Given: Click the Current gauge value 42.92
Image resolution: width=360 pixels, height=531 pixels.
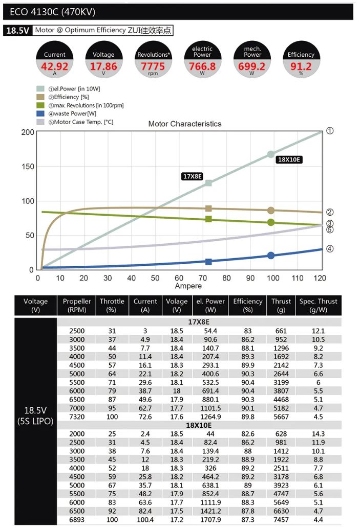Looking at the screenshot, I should [54, 66].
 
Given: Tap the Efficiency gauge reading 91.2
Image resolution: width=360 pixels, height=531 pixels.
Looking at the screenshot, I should [301, 66].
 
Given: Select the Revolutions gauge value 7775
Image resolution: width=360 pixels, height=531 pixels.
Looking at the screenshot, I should [153, 66].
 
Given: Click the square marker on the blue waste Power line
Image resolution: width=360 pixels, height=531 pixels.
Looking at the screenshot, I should [208, 262].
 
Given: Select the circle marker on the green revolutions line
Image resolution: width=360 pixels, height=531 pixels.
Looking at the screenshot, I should [271, 222].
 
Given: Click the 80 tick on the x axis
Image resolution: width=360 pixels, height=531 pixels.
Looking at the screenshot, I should [226, 278].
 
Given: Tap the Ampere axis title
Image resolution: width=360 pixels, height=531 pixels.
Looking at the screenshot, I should [188, 286].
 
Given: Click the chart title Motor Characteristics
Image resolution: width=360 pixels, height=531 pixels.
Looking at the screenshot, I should [185, 124].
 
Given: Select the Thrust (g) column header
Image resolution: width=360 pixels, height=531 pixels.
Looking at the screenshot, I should [281, 306].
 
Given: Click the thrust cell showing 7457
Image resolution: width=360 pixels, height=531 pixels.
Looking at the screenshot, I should [281, 520].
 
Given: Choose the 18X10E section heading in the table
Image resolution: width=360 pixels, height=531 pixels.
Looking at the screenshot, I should [199, 425].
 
